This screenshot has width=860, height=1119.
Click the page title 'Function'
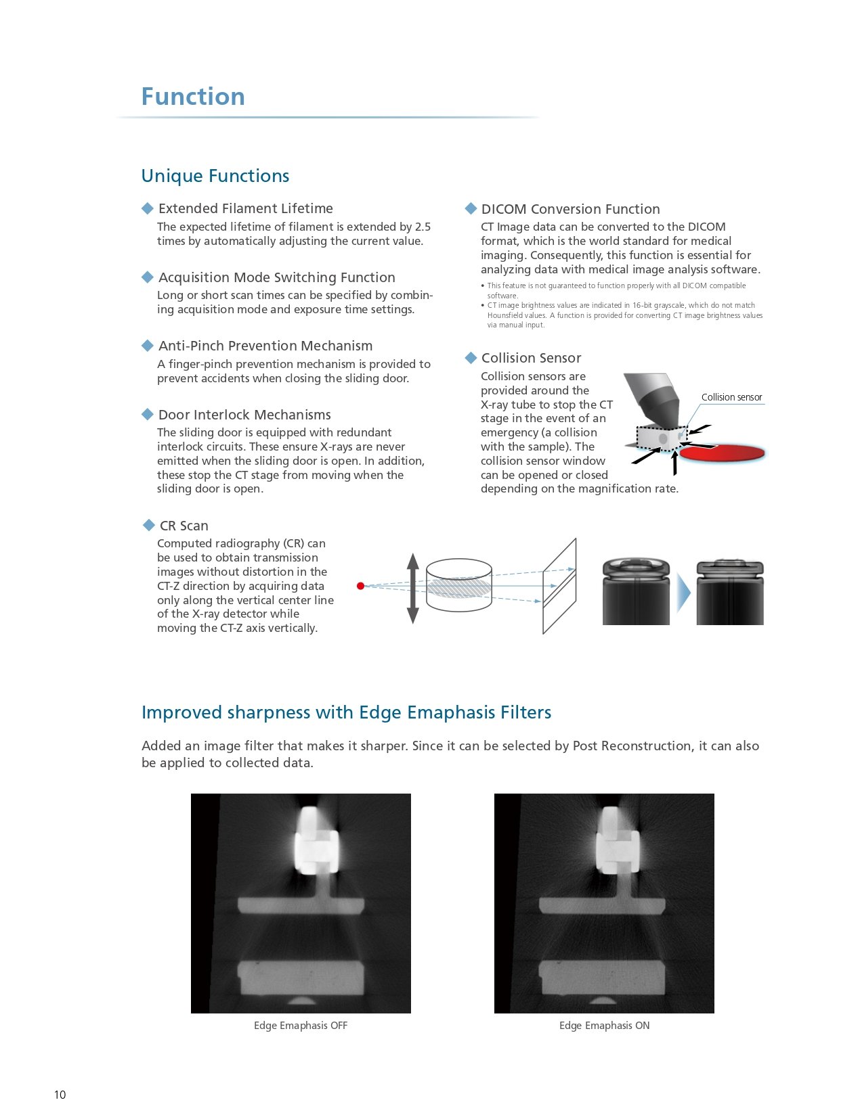pyautogui.click(x=193, y=97)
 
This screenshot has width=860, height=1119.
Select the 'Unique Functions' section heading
pyautogui.click(x=215, y=176)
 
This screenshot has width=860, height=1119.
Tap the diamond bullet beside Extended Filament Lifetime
pyautogui.click(x=148, y=208)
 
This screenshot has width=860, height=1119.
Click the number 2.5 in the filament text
pyautogui.click(x=423, y=227)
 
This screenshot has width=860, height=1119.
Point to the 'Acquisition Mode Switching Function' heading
pyautogui.click(x=276, y=277)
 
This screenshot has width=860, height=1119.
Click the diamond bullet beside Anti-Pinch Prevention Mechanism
pyautogui.click(x=148, y=346)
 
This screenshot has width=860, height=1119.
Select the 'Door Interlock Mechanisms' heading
pyautogui.click(x=244, y=415)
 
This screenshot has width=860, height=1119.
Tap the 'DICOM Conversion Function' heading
pyautogui.click(x=570, y=209)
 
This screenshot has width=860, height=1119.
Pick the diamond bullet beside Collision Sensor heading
pyautogui.click(x=471, y=358)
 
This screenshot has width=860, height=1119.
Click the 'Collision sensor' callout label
pyautogui.click(x=731, y=397)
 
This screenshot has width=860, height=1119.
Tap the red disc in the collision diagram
pyautogui.click(x=723, y=453)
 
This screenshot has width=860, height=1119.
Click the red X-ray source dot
pyautogui.click(x=361, y=586)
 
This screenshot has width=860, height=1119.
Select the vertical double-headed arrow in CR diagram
pyautogui.click(x=413, y=588)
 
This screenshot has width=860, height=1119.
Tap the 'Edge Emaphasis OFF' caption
pyautogui.click(x=301, y=1026)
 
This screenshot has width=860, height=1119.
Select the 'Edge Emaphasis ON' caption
pyautogui.click(x=604, y=1026)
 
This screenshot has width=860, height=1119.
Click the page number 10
pyautogui.click(x=60, y=1095)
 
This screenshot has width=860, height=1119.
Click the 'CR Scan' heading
pyautogui.click(x=184, y=526)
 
